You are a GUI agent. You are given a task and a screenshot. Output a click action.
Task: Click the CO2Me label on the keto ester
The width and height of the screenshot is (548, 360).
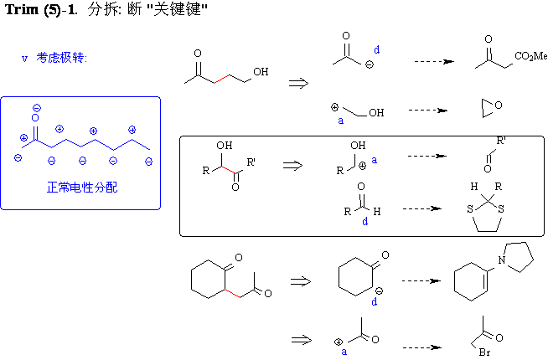(531, 56)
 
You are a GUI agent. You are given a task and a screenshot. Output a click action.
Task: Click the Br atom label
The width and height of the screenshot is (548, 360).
(484, 352)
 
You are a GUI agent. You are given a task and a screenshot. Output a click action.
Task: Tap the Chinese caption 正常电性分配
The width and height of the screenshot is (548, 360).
(82, 188)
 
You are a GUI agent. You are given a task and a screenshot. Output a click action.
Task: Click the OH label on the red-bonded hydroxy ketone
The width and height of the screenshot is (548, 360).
(261, 72)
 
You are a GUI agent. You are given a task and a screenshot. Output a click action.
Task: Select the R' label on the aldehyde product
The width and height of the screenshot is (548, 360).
(500, 141)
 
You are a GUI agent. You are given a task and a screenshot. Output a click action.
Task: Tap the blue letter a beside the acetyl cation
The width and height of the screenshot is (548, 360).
(344, 352)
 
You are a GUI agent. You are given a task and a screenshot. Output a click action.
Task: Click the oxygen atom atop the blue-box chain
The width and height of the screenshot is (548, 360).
(36, 120)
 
